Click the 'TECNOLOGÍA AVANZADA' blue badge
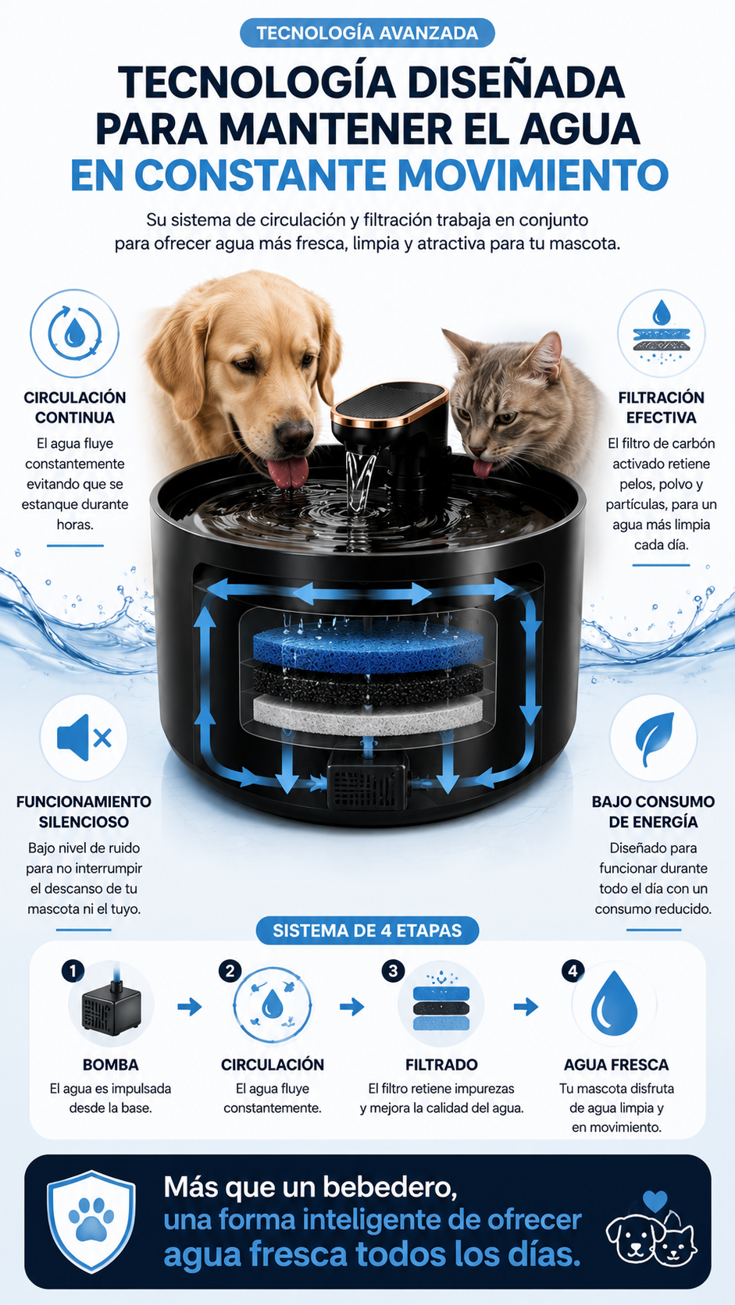click(x=367, y=33)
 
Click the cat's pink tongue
click(x=482, y=468)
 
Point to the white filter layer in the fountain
click(x=368, y=714)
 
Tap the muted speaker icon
click(x=84, y=738)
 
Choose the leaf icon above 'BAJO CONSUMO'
click(x=654, y=738)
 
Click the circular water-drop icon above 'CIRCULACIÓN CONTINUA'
click(x=75, y=333)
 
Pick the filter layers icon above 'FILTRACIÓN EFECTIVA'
click(x=661, y=333)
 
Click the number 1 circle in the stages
click(x=73, y=971)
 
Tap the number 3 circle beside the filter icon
click(x=393, y=971)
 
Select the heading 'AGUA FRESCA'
click(x=616, y=1065)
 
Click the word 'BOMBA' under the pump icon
click(x=111, y=1065)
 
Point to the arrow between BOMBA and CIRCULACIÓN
click(x=190, y=1006)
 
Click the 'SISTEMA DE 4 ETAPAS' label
click(x=367, y=930)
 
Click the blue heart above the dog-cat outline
click(x=655, y=1200)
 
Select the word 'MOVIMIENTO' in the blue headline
click(x=540, y=174)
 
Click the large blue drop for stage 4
click(x=614, y=1003)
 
